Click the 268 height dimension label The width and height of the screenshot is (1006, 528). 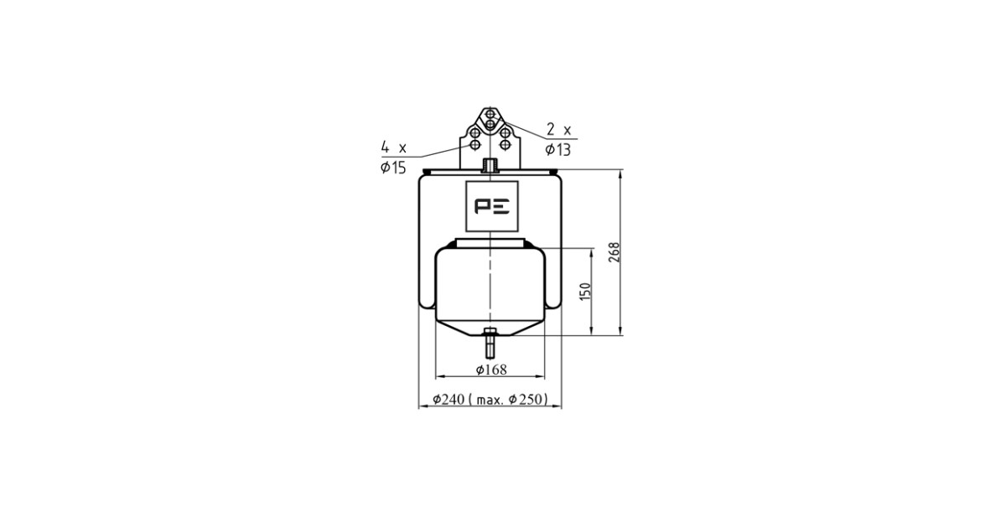click(614, 252)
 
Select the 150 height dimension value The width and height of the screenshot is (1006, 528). click(585, 292)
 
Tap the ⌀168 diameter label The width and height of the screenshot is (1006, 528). click(491, 370)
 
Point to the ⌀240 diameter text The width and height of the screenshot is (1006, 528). click(449, 399)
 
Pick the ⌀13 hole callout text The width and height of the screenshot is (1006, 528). click(557, 149)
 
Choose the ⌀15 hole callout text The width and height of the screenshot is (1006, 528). click(393, 168)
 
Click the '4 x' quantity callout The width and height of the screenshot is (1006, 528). click(393, 147)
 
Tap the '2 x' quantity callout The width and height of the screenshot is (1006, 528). click(558, 130)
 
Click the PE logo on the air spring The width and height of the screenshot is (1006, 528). click(492, 206)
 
